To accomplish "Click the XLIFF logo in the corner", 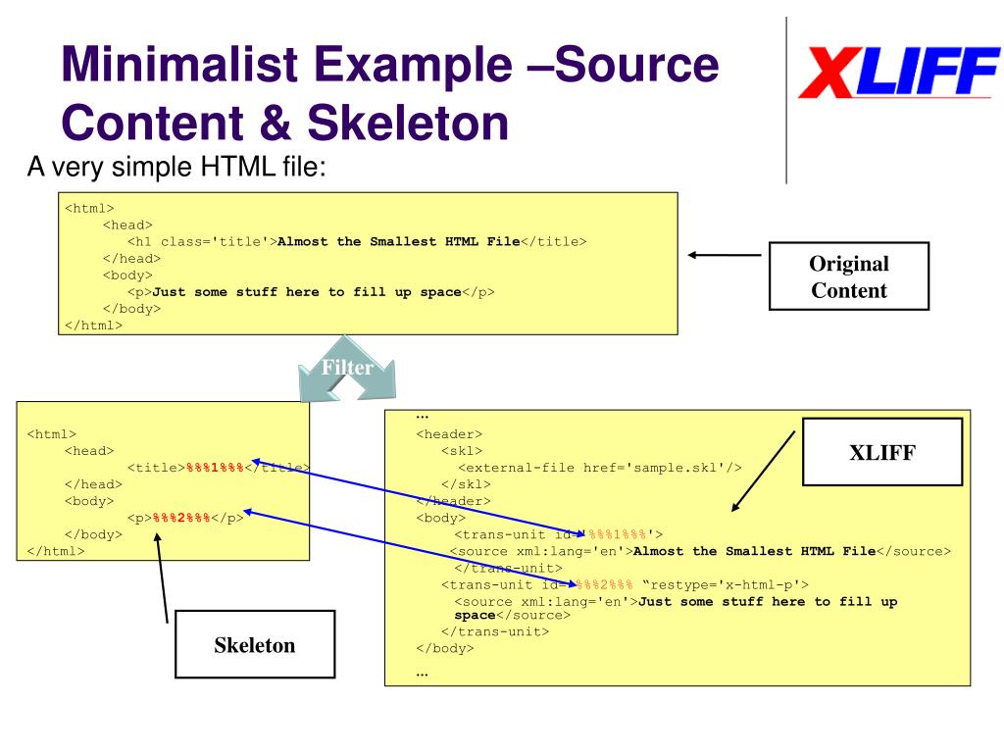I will coord(897,74).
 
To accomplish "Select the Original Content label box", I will coord(848,276).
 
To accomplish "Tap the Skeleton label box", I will coord(254,645).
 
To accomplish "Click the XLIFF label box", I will coord(881,452).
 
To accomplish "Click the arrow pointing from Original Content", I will coord(725,255).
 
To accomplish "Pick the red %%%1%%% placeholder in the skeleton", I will coord(215,468).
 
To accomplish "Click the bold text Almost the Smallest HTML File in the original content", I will coord(399,241).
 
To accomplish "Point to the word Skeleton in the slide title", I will coord(408,125).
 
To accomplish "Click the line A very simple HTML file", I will coord(176,168).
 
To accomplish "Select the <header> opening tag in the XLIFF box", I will coord(449,434).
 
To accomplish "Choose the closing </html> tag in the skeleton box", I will coord(57,551).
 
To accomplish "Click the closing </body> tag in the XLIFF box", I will coord(445,648).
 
